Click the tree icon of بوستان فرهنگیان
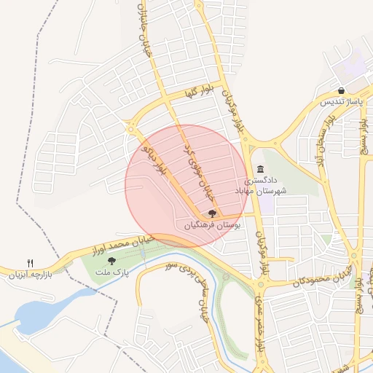212,213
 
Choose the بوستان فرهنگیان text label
212,227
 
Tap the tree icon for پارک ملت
111,260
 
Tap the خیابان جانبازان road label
144,22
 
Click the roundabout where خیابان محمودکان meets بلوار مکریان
260,285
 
